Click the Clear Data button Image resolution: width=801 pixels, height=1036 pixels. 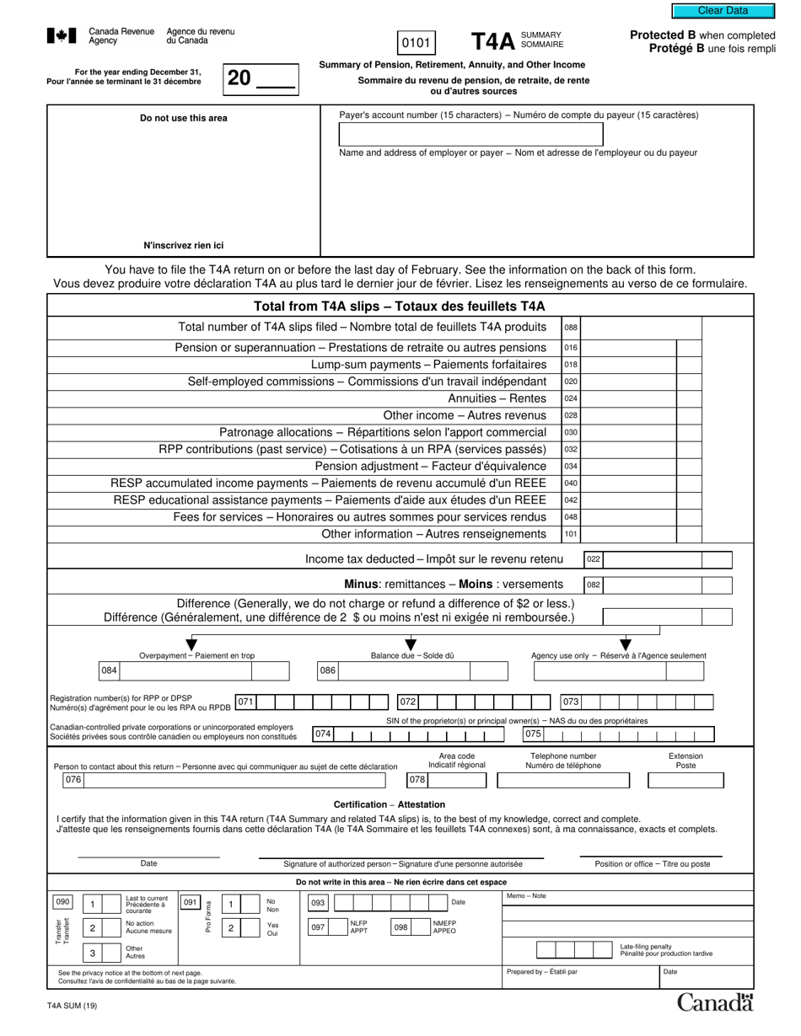click(x=723, y=11)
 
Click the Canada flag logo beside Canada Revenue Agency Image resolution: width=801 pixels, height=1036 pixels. click(x=62, y=36)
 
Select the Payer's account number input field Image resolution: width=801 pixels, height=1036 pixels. click(x=470, y=135)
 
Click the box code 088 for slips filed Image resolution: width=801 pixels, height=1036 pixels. click(x=571, y=327)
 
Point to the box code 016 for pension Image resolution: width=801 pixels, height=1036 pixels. click(x=571, y=348)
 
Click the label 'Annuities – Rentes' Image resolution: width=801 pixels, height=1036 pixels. click(x=497, y=398)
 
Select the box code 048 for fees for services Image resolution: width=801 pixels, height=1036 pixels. click(x=571, y=516)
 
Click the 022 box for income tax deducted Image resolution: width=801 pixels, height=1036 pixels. click(x=594, y=559)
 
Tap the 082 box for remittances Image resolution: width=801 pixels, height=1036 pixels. click(x=594, y=585)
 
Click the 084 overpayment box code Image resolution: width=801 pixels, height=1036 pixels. click(x=109, y=671)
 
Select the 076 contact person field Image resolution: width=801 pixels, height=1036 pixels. click(x=73, y=780)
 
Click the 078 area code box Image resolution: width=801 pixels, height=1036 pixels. click(x=417, y=780)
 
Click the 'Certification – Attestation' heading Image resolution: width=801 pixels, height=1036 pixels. click(x=389, y=804)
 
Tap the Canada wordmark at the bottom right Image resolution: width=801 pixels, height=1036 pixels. click(x=716, y=1002)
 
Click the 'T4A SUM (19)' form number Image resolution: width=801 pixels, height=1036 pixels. click(x=73, y=1005)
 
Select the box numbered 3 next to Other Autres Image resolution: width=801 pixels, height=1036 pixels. click(x=92, y=953)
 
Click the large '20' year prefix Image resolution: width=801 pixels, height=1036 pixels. click(x=239, y=78)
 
